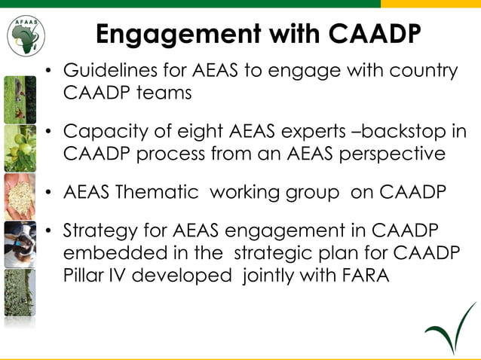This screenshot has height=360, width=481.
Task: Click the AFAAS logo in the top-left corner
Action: pyautogui.click(x=26, y=35)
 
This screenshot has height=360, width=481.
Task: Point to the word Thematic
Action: pyautogui.click(x=159, y=191)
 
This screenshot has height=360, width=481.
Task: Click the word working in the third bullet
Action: pyautogui.click(x=245, y=191)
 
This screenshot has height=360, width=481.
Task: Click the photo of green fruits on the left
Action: pyautogui.click(x=20, y=148)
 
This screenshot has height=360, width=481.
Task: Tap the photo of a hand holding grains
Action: pyautogui.click(x=20, y=196)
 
